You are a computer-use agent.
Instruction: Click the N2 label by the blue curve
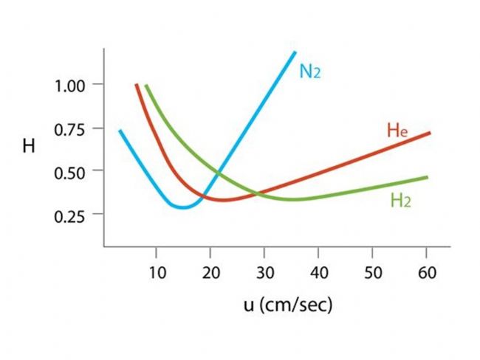[x=309, y=72]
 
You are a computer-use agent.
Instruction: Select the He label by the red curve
[x=397, y=132]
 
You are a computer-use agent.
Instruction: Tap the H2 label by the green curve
[x=400, y=200]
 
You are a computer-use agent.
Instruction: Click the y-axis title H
[x=29, y=146]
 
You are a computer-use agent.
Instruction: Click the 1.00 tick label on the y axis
[x=71, y=85]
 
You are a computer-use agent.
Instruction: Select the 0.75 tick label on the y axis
[x=71, y=128]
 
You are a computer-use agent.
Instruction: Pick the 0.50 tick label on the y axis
[x=71, y=171]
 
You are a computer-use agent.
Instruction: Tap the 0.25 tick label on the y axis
[x=71, y=215]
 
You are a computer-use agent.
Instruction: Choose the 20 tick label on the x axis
[x=210, y=273]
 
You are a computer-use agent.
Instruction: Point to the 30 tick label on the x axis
[x=264, y=273]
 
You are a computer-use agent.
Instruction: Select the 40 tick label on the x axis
[x=318, y=273]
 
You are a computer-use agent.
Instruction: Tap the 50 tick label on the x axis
[x=373, y=273]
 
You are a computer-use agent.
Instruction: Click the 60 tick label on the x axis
[x=427, y=273]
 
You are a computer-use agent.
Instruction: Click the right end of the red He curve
[x=429, y=133]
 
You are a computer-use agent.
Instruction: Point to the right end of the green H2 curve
[x=427, y=177]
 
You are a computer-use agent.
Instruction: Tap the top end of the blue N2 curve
[x=295, y=52]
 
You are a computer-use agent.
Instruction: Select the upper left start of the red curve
[x=137, y=85]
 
